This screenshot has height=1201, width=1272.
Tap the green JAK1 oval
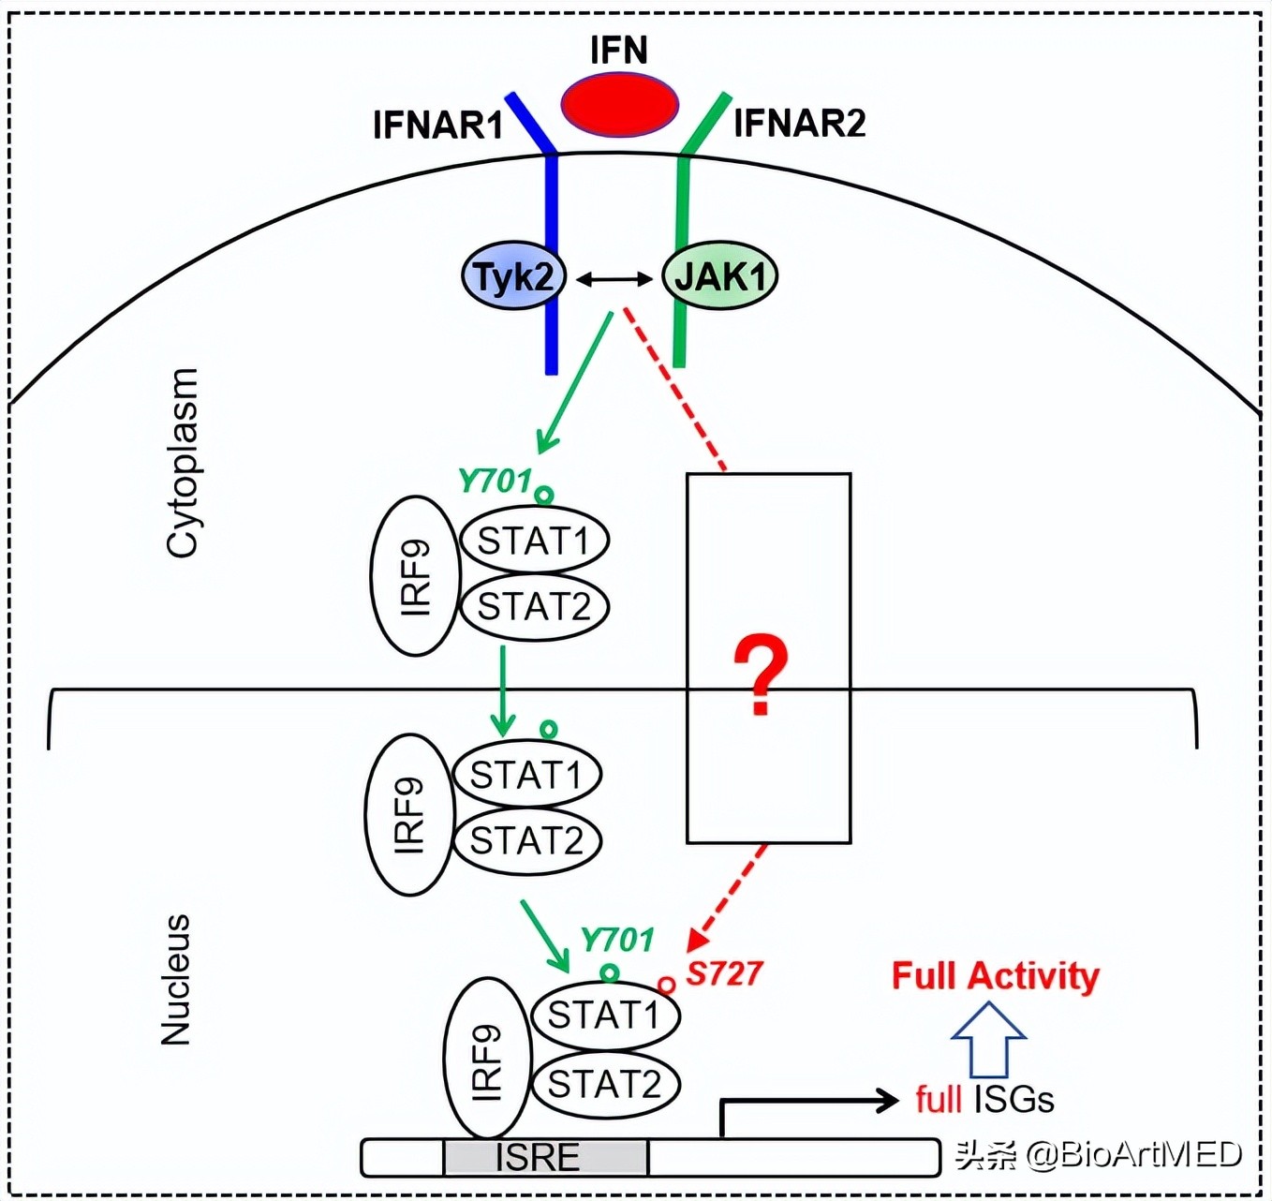click(719, 276)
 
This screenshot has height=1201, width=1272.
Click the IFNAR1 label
click(437, 125)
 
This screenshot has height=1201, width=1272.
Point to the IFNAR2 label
click(799, 123)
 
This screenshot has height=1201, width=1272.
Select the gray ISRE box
click(544, 1157)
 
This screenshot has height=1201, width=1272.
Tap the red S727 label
click(724, 973)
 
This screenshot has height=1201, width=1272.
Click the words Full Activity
click(995, 975)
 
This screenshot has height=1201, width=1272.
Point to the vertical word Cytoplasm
click(183, 463)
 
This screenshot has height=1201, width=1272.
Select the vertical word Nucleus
click(176, 980)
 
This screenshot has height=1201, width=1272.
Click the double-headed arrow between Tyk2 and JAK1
click(614, 278)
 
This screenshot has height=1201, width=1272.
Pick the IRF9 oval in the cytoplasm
click(415, 575)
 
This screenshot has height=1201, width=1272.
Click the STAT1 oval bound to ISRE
click(604, 1015)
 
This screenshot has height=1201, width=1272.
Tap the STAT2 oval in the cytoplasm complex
click(534, 607)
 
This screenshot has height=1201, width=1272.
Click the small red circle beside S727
click(666, 985)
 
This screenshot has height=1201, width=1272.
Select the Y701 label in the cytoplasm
click(495, 481)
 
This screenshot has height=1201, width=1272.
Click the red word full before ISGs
click(938, 1099)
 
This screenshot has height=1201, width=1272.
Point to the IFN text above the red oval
click(618, 50)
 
